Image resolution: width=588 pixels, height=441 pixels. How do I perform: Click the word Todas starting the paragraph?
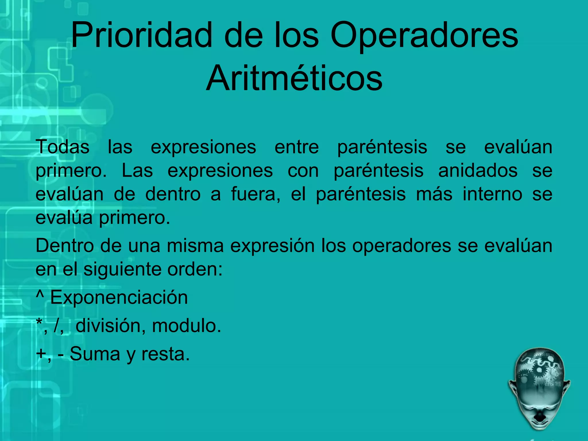(x=62, y=147)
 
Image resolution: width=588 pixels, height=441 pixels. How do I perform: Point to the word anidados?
(x=478, y=171)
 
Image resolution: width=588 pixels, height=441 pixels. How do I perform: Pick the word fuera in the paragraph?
(x=255, y=194)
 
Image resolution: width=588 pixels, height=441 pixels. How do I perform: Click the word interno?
(x=492, y=194)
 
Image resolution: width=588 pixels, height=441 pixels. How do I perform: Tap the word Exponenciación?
(x=119, y=297)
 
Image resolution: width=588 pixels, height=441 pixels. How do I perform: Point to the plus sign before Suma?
(x=41, y=354)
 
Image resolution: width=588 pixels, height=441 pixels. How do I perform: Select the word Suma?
(x=95, y=354)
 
